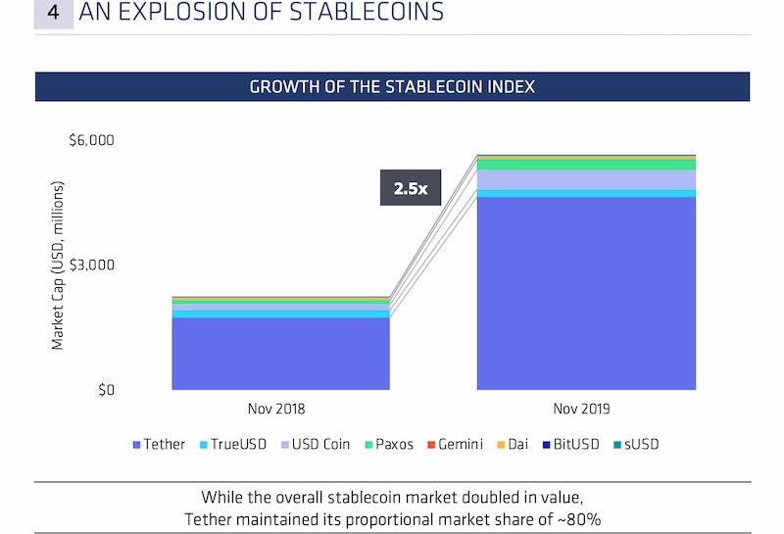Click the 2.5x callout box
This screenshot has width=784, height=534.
(x=411, y=188)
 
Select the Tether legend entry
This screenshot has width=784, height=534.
(x=158, y=444)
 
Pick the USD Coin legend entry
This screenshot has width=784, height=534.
(x=315, y=444)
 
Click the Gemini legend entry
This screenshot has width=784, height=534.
(x=454, y=444)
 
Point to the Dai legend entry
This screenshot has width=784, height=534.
(x=513, y=444)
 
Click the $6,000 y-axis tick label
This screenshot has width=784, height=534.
(x=91, y=140)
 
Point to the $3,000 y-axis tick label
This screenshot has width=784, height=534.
(x=91, y=266)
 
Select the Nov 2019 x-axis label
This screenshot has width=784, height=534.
(x=586, y=409)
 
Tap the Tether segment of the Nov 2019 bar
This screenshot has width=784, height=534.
(x=586, y=294)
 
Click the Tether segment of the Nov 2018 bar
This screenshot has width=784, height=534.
(x=280, y=354)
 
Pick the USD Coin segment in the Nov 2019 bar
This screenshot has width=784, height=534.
(x=586, y=180)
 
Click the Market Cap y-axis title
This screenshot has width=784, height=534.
(x=58, y=265)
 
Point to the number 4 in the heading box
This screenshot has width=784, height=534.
(x=53, y=13)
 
